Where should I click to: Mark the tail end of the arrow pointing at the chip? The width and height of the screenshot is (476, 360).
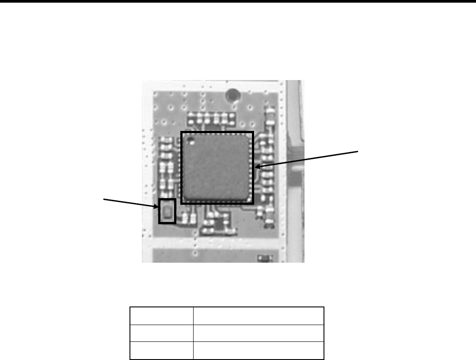point(360,151)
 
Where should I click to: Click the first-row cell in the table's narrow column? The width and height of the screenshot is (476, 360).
point(161,316)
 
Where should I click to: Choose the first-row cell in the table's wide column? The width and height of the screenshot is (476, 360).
point(259,316)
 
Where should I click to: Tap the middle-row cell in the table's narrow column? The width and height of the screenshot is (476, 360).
point(161,333)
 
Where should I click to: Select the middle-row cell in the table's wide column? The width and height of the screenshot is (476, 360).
point(259,333)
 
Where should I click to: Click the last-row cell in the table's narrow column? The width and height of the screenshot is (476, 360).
point(161,350)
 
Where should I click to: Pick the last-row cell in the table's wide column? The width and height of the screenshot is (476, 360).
point(259,350)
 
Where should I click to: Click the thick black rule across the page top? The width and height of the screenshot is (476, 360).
point(238,1)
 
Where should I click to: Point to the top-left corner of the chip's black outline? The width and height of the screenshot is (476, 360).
point(182,132)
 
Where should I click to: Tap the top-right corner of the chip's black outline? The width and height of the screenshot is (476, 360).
point(254,132)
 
